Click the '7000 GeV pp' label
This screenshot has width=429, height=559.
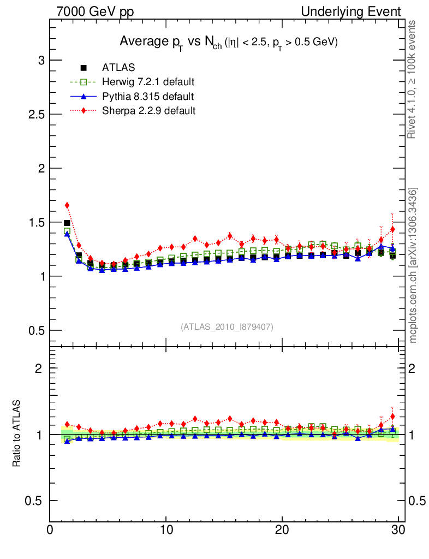tap(95, 11)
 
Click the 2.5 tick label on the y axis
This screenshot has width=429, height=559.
tap(34, 114)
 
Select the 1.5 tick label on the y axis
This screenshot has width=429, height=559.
tap(34, 222)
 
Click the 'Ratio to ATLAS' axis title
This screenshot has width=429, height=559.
tap(17, 434)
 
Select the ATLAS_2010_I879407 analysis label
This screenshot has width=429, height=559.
tap(227, 326)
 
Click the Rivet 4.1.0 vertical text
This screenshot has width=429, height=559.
tap(413, 79)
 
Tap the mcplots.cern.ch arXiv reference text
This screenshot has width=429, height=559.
tap(413, 265)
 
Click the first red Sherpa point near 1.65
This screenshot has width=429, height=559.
tap(67, 205)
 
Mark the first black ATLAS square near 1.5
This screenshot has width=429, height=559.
tap(67, 223)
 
